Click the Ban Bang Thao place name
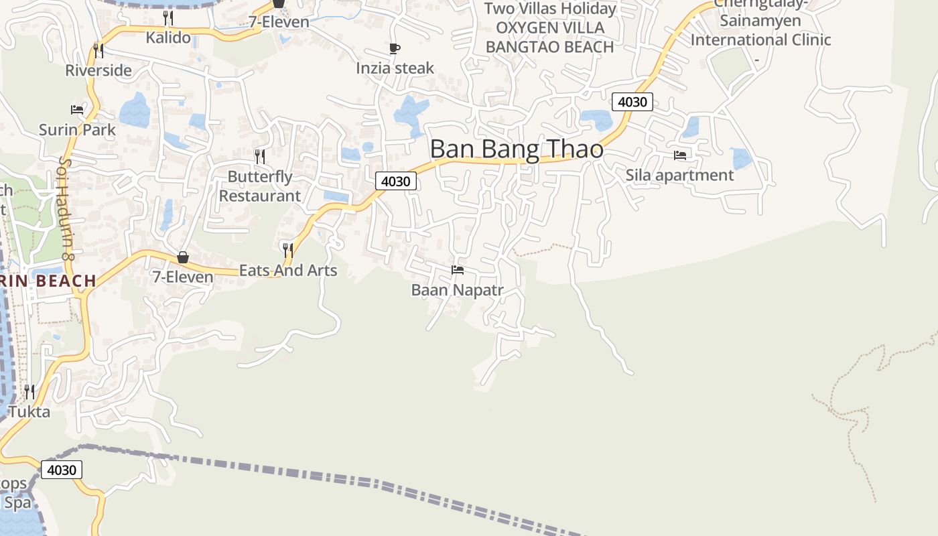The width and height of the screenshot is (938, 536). click(x=517, y=149)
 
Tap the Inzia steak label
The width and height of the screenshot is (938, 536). click(x=395, y=68)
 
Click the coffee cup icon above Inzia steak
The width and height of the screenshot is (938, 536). click(x=395, y=48)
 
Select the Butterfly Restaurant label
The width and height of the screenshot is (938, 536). click(x=260, y=186)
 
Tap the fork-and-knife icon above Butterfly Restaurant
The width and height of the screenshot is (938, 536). click(x=260, y=157)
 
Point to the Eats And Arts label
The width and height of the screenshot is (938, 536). click(x=288, y=270)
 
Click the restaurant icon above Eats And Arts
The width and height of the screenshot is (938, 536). click(x=288, y=251)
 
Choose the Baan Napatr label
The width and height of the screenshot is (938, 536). click(x=457, y=290)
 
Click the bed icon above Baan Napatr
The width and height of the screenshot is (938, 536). click(x=458, y=270)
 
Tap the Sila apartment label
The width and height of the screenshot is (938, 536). click(x=679, y=175)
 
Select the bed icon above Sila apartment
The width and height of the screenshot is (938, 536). click(x=680, y=155)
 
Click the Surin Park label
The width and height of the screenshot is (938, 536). click(x=77, y=129)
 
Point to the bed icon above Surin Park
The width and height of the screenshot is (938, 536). click(x=77, y=109)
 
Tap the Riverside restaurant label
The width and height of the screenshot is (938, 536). click(x=98, y=70)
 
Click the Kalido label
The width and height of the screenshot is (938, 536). click(x=168, y=38)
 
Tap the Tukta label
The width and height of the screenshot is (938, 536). click(x=29, y=411)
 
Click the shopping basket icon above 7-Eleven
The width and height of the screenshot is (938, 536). click(x=182, y=257)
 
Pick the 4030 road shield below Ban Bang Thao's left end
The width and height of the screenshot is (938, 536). click(x=395, y=181)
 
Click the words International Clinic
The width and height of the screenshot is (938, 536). click(x=760, y=40)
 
